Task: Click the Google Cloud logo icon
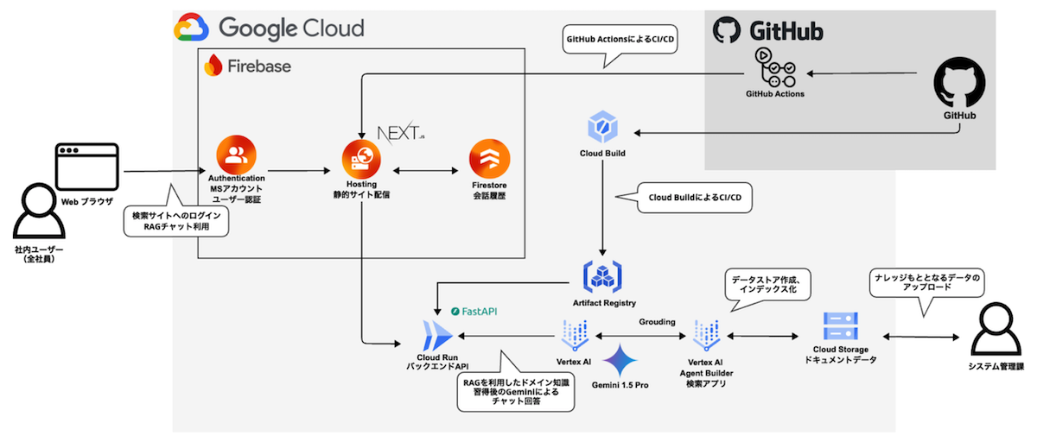click(191, 28)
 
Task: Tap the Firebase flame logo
click(213, 66)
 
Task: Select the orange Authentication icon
click(235, 156)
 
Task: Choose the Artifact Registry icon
click(604, 275)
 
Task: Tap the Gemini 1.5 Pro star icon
click(620, 359)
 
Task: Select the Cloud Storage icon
click(837, 327)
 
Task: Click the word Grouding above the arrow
click(657, 321)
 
